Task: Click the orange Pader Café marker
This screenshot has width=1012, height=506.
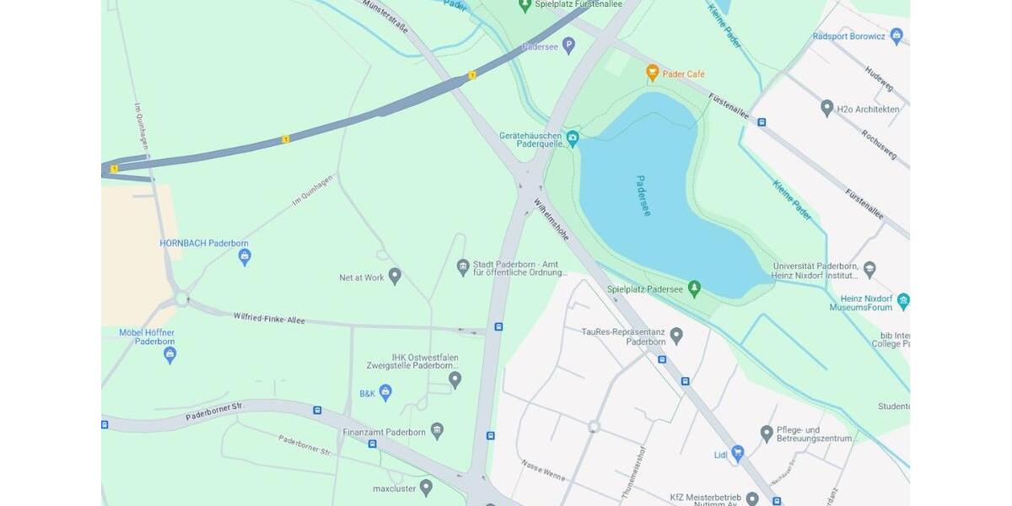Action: (x=652, y=73)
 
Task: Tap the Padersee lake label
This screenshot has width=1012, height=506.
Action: (x=643, y=196)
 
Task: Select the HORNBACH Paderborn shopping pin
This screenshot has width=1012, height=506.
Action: (x=245, y=256)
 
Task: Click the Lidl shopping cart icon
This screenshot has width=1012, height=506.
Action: (x=738, y=453)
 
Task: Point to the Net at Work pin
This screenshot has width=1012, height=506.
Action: (x=394, y=276)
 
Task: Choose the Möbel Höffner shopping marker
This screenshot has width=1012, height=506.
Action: (x=170, y=354)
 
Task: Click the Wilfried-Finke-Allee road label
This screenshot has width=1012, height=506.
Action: (x=269, y=319)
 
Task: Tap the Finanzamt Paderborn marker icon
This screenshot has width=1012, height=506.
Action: (x=437, y=431)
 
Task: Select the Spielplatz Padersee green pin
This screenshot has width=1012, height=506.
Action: (x=694, y=289)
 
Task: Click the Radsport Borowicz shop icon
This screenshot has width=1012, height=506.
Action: (x=896, y=35)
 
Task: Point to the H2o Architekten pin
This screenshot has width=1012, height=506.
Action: (x=826, y=108)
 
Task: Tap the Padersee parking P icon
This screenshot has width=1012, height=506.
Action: (x=568, y=45)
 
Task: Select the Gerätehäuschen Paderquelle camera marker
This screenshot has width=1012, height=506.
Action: (x=573, y=138)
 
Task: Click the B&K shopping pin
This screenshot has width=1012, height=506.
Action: (x=385, y=392)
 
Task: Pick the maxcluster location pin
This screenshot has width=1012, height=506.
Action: (x=426, y=487)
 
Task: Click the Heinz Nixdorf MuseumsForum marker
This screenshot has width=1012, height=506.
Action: (x=903, y=301)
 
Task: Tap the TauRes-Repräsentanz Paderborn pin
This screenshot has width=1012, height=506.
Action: (x=676, y=336)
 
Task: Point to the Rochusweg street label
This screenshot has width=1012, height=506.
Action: (x=879, y=144)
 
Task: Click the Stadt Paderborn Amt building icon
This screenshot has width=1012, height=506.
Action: (x=462, y=267)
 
